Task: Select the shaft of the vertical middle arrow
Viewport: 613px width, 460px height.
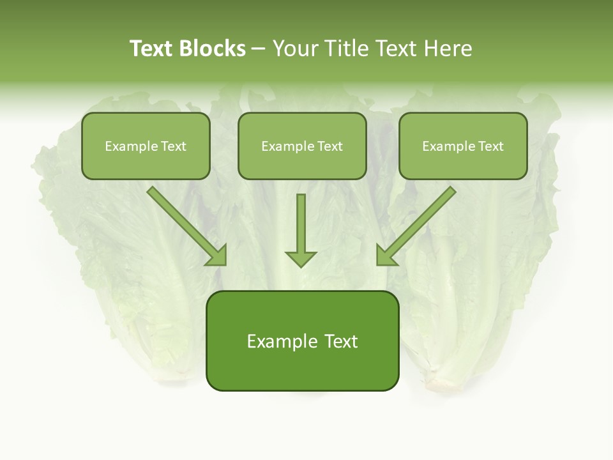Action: pos(301,220)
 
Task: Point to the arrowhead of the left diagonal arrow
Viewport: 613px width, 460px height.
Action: pos(218,257)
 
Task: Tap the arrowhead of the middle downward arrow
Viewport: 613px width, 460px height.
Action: pos(301,259)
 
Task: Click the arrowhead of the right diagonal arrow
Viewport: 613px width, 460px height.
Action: pos(384,257)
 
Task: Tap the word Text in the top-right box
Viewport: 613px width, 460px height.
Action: pos(491,146)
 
